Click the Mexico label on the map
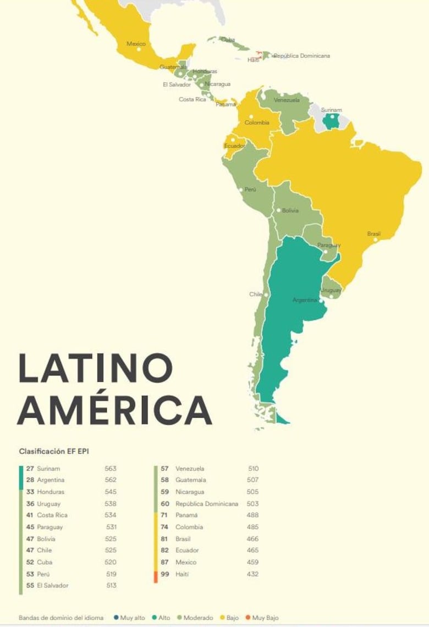[x=136, y=43]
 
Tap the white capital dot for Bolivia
[x=279, y=210]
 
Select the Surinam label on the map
[x=331, y=110]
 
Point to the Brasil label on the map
[x=374, y=234]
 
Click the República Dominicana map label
[x=301, y=56]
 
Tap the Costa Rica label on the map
[x=193, y=99]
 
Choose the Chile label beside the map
[x=256, y=294]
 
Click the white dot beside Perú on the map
[x=243, y=189]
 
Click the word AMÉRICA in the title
[x=114, y=409]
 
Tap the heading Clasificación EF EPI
[x=54, y=451]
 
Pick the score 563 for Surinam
[x=111, y=469]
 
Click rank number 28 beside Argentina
[x=30, y=480]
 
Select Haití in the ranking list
[x=182, y=574]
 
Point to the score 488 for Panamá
[x=253, y=515]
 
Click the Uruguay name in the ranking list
[x=48, y=504]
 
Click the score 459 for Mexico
[x=253, y=562]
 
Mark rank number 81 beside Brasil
[x=165, y=539]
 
